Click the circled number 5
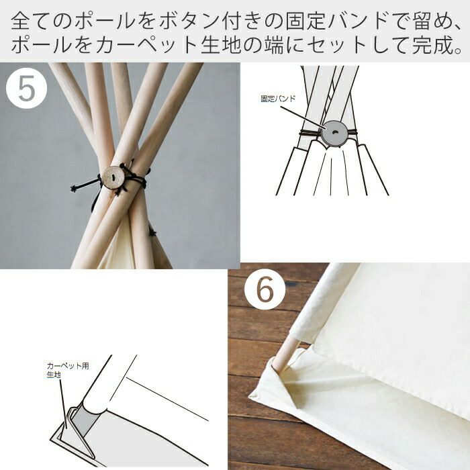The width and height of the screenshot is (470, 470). [x=27, y=88]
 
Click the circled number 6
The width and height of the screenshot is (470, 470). [x=265, y=289]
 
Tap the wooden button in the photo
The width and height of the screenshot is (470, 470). [x=113, y=177]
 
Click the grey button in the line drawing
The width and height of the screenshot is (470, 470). [x=335, y=133]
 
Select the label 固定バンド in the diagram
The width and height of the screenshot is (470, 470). [x=278, y=99]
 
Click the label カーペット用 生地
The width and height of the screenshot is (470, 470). [x=68, y=370]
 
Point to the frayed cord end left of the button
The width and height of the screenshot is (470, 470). [x=73, y=189]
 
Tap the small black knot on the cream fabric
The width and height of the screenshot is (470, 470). [x=152, y=232]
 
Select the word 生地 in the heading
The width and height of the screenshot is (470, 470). [x=221, y=46]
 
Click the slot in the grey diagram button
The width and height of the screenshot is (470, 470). [x=335, y=132]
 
